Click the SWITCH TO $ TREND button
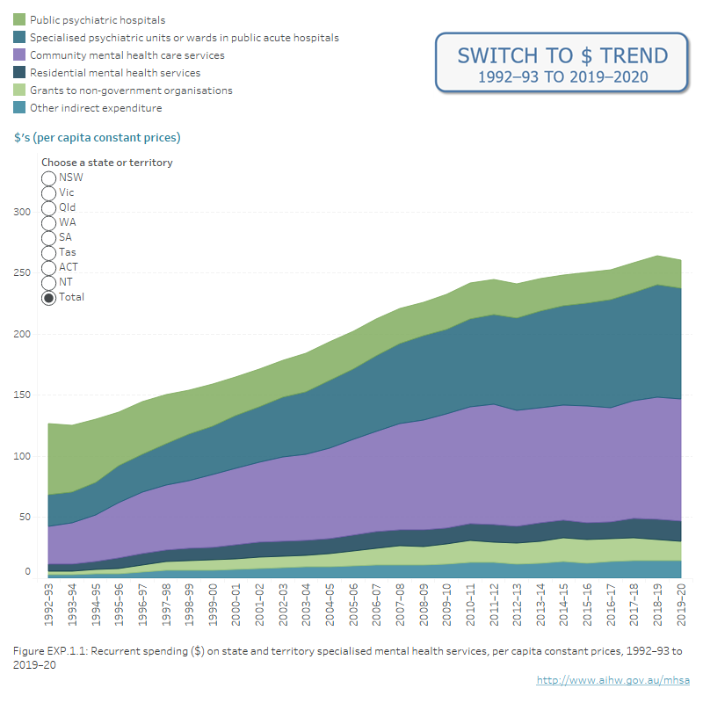pos(562,62)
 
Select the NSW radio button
pos(49,178)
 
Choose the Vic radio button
pos(49,193)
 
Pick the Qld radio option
pos(49,208)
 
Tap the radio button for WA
pos(49,223)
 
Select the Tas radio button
pos(49,253)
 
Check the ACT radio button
pos(49,268)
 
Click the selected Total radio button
pos(49,298)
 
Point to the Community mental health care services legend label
pos(127,55)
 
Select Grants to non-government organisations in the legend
pos(131,91)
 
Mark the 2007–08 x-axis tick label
pos(400,605)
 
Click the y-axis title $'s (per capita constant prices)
pos(98,138)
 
